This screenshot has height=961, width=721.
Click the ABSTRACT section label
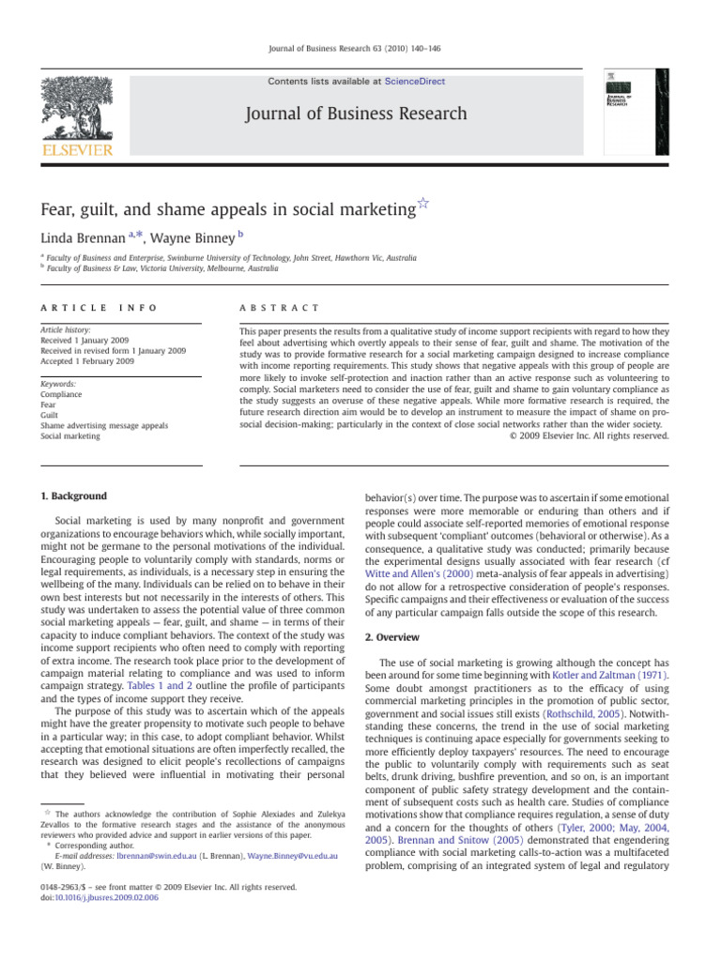pos(279,308)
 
